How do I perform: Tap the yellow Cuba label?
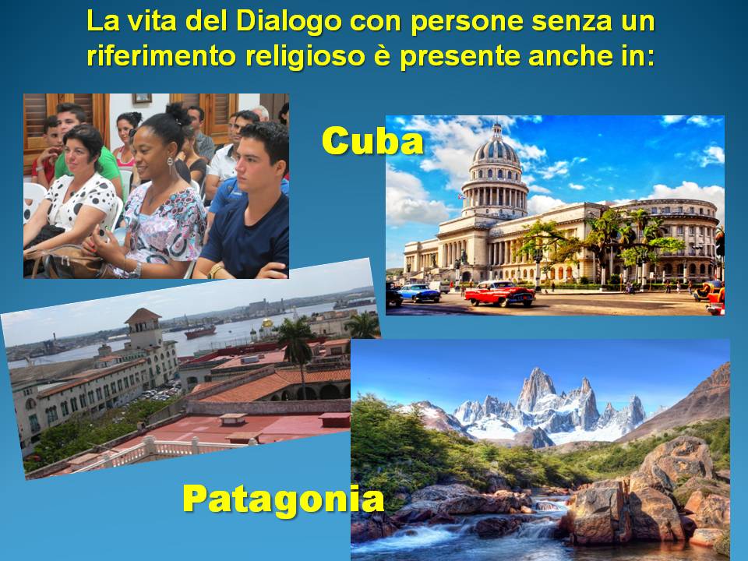tap(372, 141)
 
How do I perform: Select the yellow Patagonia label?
tap(284, 499)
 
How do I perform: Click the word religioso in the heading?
tap(305, 56)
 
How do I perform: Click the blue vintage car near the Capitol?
tap(419, 293)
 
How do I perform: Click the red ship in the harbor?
tap(200, 330)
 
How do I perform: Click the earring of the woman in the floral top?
tap(170, 165)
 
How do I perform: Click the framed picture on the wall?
tap(142, 98)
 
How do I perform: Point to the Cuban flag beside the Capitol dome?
tap(460, 196)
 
